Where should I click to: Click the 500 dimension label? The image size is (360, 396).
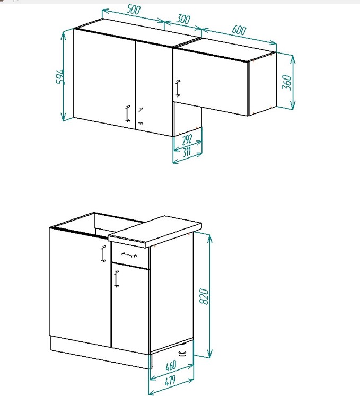[133, 10]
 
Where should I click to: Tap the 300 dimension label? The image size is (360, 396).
[183, 19]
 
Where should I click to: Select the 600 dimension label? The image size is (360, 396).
[239, 30]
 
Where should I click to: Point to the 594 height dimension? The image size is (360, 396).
[60, 76]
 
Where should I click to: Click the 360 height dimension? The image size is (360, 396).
[287, 82]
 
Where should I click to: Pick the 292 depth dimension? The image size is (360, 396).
[187, 139]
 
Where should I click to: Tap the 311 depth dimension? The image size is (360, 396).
[187, 152]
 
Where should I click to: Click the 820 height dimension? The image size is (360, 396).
[204, 296]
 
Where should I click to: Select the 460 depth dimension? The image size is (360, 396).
[171, 366]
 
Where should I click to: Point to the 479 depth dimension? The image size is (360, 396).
[170, 381]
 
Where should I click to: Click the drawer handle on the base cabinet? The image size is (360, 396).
[129, 255]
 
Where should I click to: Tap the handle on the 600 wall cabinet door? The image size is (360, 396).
[178, 89]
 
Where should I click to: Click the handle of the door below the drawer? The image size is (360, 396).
[116, 279]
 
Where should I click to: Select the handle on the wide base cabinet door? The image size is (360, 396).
[103, 254]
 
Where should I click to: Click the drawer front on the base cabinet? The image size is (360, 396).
[130, 256]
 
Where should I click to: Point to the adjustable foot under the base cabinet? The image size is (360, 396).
[182, 353]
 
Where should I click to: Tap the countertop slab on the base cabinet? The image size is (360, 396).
[155, 231]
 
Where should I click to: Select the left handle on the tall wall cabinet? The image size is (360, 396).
[128, 113]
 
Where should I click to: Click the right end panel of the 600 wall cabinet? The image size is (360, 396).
[262, 84]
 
